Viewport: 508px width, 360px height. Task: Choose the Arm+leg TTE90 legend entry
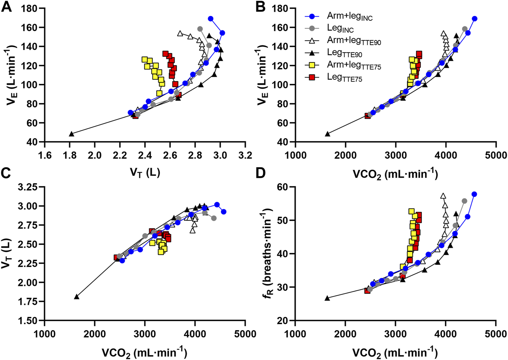point(354,41)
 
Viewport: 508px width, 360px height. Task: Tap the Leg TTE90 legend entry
point(344,53)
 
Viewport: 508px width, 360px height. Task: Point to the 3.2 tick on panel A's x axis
point(245,156)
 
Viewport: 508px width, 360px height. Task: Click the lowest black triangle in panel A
point(71,134)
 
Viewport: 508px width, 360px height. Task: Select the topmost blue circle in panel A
point(210,19)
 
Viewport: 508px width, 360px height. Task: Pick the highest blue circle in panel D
point(474,194)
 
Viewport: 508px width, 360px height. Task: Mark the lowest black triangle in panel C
point(77,297)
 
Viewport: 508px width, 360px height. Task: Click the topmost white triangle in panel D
point(443,196)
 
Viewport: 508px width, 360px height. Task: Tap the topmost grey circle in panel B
point(465,29)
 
